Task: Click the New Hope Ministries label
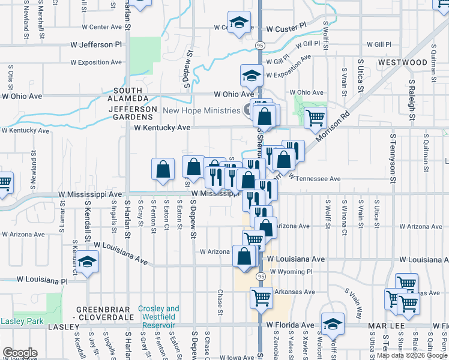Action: tap(202, 110)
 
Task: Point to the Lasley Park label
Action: tap(22, 321)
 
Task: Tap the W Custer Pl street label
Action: tap(286, 29)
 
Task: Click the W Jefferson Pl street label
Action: tap(96, 45)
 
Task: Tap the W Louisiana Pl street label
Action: tap(41, 280)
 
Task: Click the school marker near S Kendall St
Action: tap(88, 262)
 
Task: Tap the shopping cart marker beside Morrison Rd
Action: tap(315, 118)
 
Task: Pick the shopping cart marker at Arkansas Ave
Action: tap(261, 296)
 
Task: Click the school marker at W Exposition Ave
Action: tap(252, 76)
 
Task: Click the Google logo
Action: tap(19, 353)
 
